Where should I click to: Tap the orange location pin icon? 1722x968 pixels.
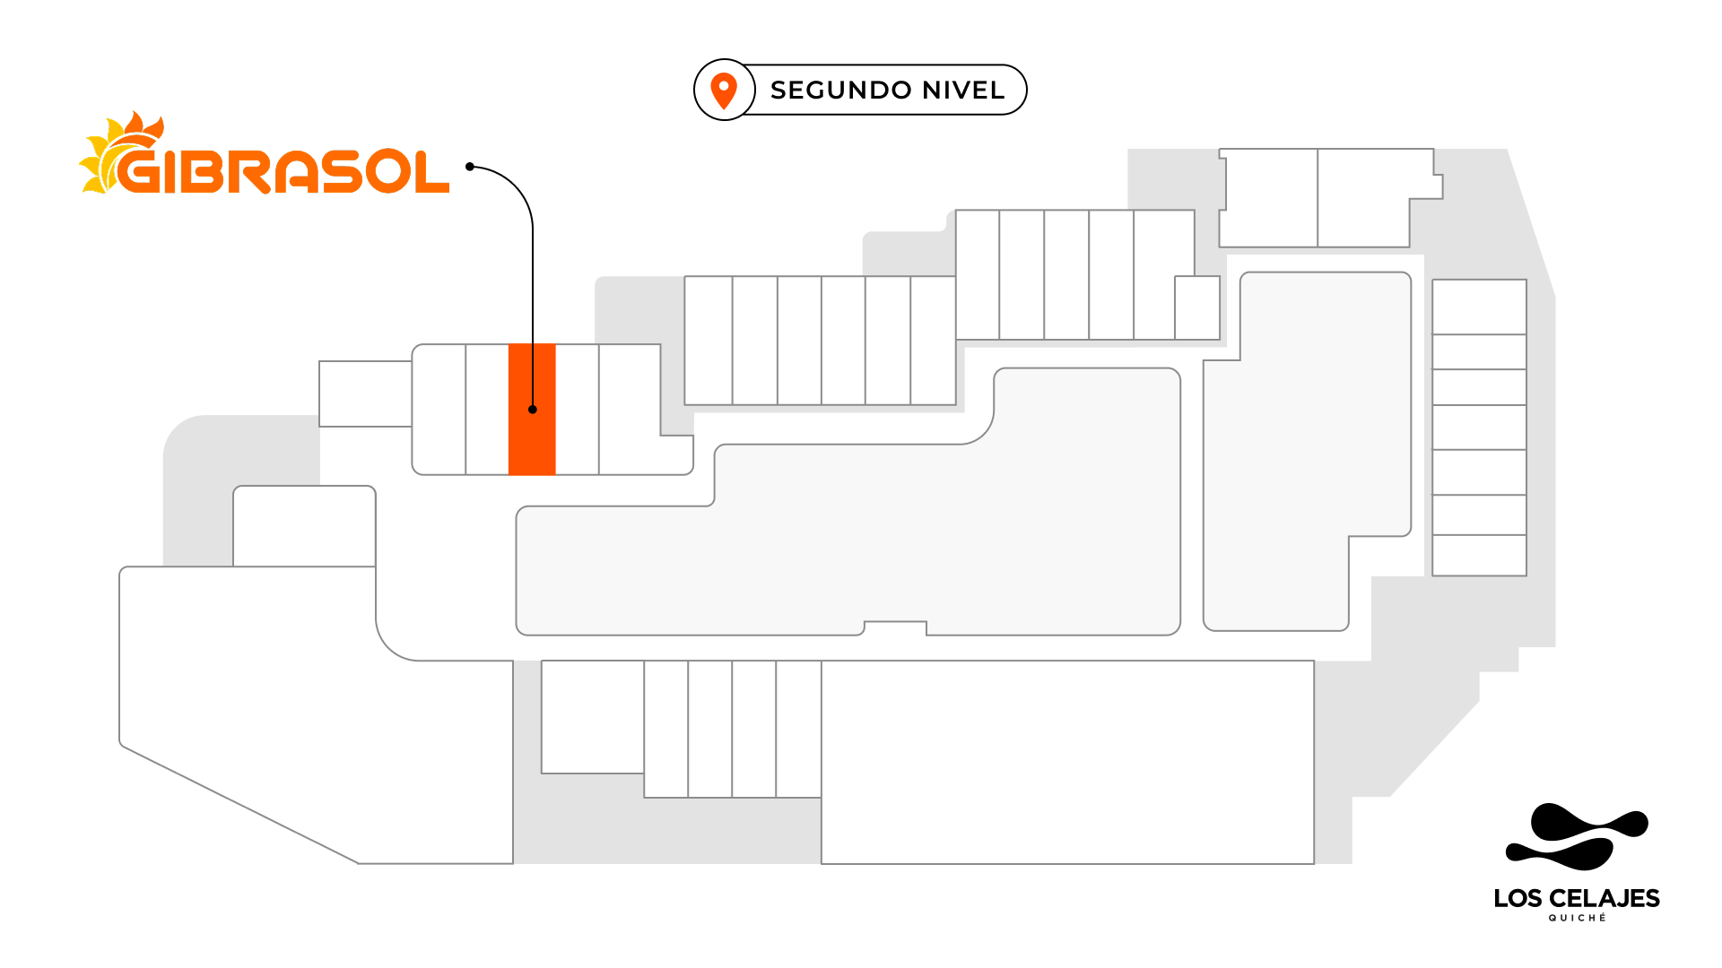pos(724,91)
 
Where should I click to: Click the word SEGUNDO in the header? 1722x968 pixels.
pos(829,91)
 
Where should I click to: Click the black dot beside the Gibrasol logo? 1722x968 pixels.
pos(470,167)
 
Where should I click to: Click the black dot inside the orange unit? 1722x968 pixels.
pos(533,410)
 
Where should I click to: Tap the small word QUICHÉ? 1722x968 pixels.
pos(1577,918)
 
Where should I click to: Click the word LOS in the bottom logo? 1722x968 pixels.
pos(1518,898)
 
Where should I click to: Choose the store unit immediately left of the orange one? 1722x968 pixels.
pos(487,410)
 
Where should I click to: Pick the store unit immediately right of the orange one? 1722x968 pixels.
pos(577,410)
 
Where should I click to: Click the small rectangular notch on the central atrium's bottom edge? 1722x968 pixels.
pos(895,627)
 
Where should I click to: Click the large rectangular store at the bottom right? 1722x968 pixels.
pos(1067,762)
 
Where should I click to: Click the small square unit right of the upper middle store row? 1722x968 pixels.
pos(1197,307)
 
